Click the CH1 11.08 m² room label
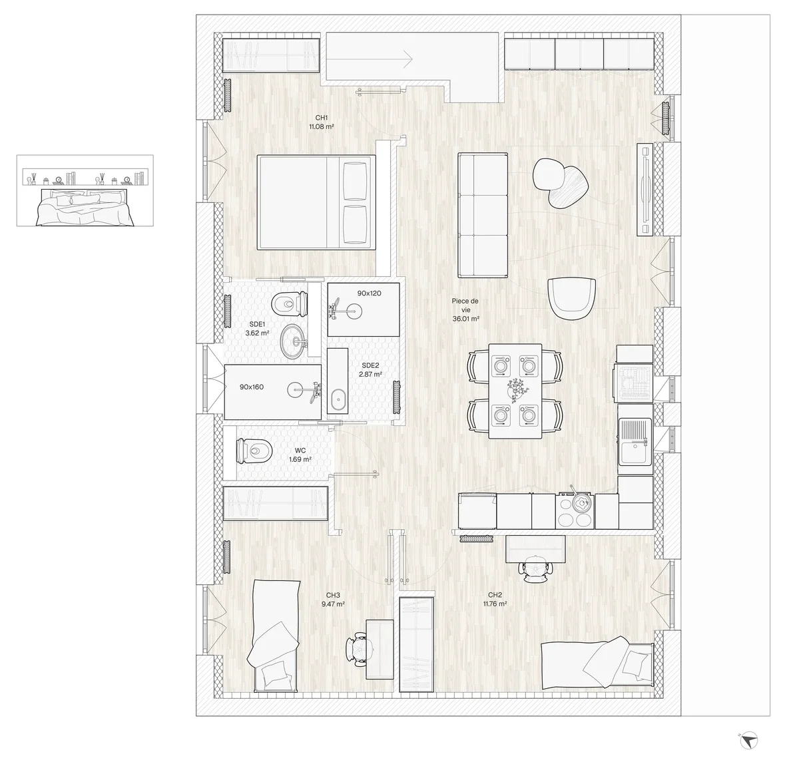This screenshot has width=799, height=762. pos(321,122)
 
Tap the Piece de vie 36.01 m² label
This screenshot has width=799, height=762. pos(465,310)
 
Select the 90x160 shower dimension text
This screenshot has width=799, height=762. pos(251,387)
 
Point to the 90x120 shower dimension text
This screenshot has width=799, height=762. pos(369,293)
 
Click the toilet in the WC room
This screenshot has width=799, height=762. pos(254,451)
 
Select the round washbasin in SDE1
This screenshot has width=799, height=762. pos(295,341)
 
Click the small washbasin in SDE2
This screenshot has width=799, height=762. pos(338,400)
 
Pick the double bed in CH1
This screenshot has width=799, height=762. pos(316,202)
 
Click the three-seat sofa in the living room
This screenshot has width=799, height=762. pos(483,215)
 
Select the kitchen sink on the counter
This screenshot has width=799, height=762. pos(635,441)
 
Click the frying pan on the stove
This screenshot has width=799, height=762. pos(580,502)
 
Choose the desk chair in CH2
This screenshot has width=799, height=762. pos(535,568)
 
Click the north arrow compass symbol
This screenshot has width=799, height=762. pos(748,740)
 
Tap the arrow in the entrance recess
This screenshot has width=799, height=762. pos(370,59)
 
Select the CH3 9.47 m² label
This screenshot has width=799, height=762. pos(333,600)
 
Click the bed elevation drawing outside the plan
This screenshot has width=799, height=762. pos(85,190)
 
